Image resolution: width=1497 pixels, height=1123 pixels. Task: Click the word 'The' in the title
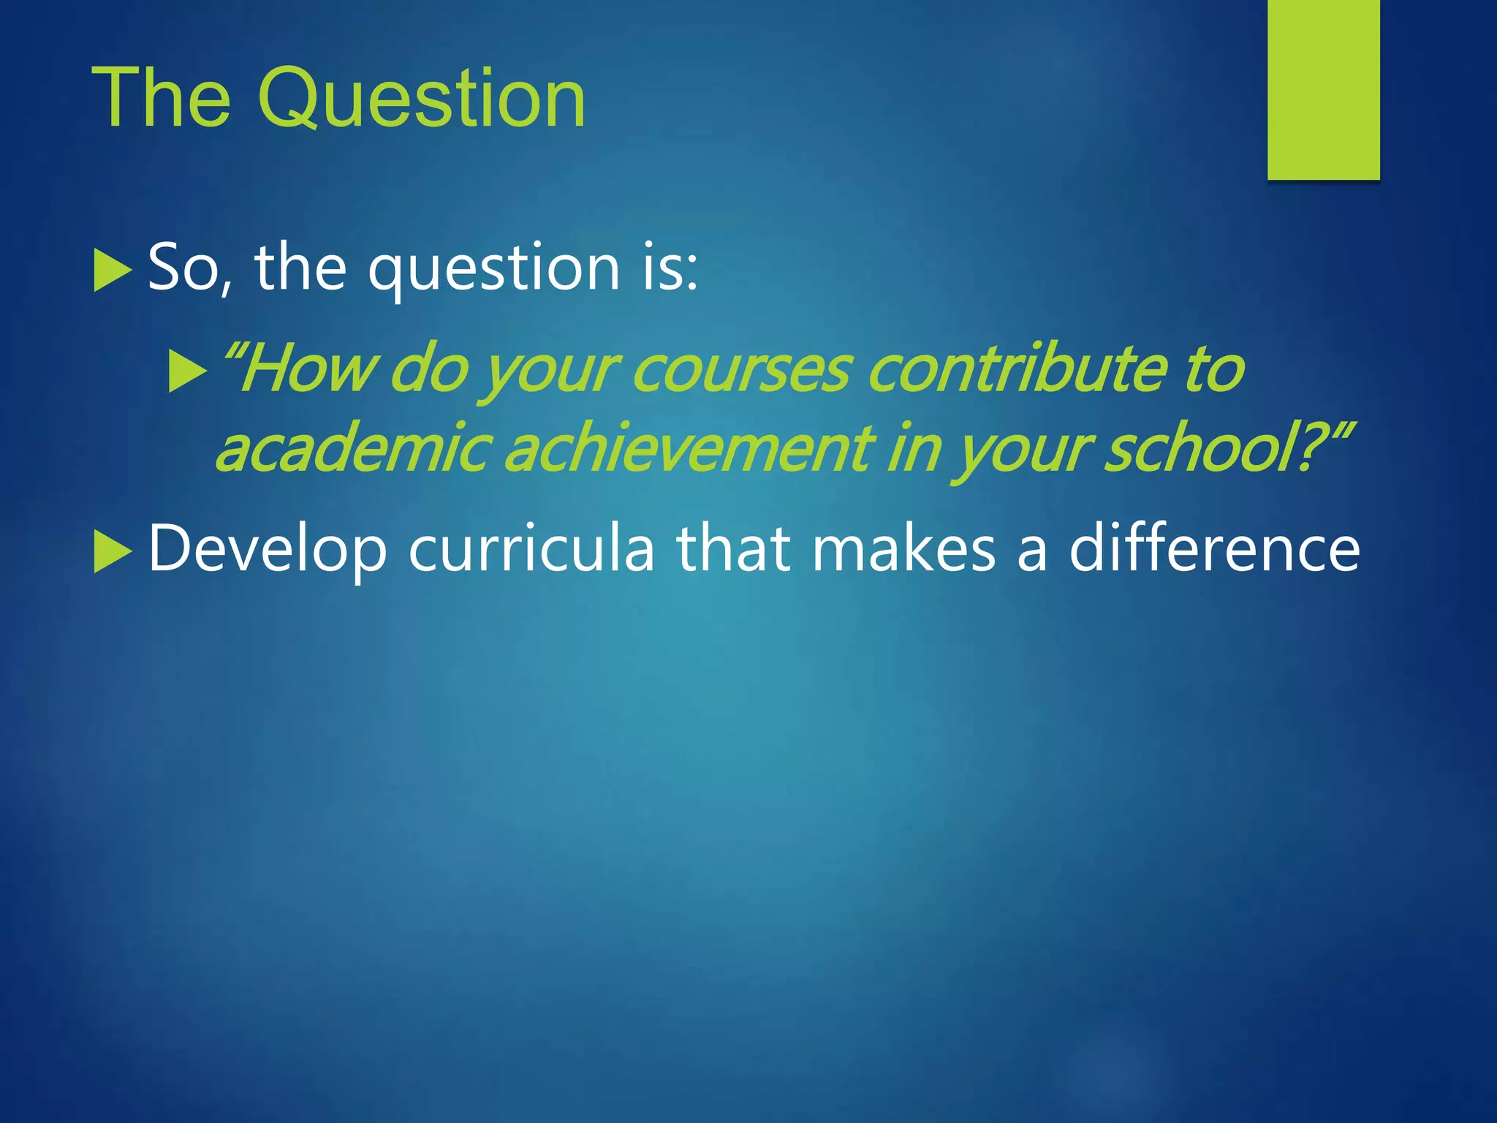[x=161, y=99]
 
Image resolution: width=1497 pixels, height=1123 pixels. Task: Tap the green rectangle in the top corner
[x=1323, y=89]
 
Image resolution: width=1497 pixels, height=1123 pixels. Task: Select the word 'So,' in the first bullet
[x=190, y=268]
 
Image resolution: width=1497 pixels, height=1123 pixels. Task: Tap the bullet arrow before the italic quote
[x=187, y=371]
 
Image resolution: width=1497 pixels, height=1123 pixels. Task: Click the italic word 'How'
[x=307, y=369]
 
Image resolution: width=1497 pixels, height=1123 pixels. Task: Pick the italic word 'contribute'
[x=1016, y=369]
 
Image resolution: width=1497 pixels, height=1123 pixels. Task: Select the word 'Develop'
[x=267, y=551]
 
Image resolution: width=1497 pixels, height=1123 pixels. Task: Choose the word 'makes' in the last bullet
[x=903, y=549]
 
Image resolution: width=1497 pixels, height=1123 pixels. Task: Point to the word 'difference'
[x=1214, y=549]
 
